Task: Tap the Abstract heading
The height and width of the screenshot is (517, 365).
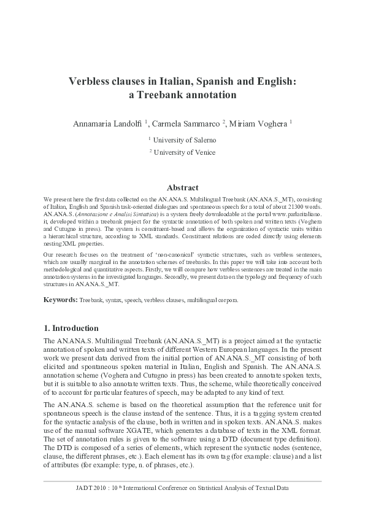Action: pyautogui.click(x=182, y=188)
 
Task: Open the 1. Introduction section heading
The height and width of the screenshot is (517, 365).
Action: pyautogui.click(x=72, y=328)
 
